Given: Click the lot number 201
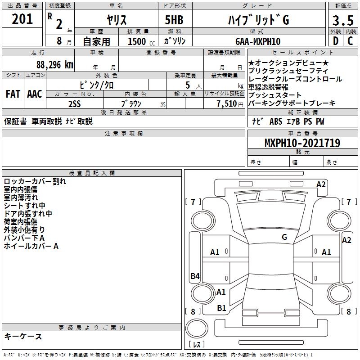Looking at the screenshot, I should (x=22, y=20).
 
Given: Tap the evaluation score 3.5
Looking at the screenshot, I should (x=342, y=20).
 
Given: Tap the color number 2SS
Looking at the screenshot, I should (x=75, y=103).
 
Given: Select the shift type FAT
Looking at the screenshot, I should (x=13, y=94).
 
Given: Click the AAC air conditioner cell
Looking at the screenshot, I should (x=35, y=94).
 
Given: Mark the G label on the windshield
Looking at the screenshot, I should (x=284, y=237).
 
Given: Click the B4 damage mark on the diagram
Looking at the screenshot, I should (x=195, y=276).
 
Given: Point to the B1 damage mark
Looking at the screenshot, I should (x=221, y=308).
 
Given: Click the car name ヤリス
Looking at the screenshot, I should (x=116, y=20).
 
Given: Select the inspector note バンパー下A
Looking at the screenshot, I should (x=25, y=238).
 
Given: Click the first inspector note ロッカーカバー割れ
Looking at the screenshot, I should (x=35, y=181).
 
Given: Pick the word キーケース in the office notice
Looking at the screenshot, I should (x=23, y=336).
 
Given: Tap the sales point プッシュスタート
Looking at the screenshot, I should (x=275, y=95).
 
